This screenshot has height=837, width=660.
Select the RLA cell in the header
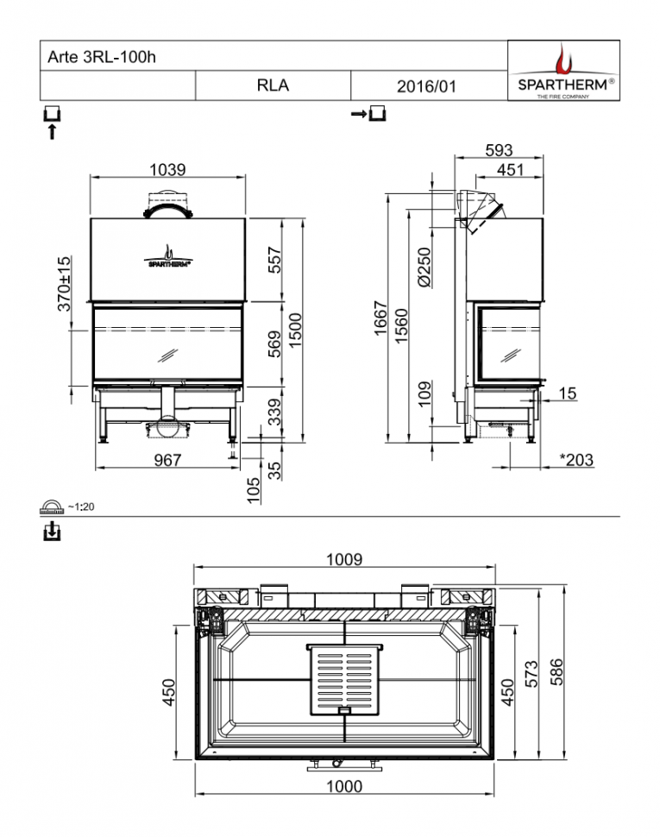[273, 85]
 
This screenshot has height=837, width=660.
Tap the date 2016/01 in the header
[426, 86]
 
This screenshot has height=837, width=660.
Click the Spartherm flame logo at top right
[563, 60]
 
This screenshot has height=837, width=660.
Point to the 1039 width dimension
[167, 170]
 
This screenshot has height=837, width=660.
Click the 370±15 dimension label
[64, 284]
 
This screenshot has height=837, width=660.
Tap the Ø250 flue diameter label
[423, 267]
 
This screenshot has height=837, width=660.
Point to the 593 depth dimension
[499, 150]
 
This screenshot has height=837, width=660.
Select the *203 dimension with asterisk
[575, 461]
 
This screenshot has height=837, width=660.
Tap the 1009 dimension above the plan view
[343, 559]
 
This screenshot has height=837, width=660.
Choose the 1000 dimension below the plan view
[343, 786]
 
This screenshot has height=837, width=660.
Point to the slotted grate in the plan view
[344, 679]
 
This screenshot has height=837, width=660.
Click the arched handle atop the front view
[169, 208]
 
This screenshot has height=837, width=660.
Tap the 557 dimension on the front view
[274, 260]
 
